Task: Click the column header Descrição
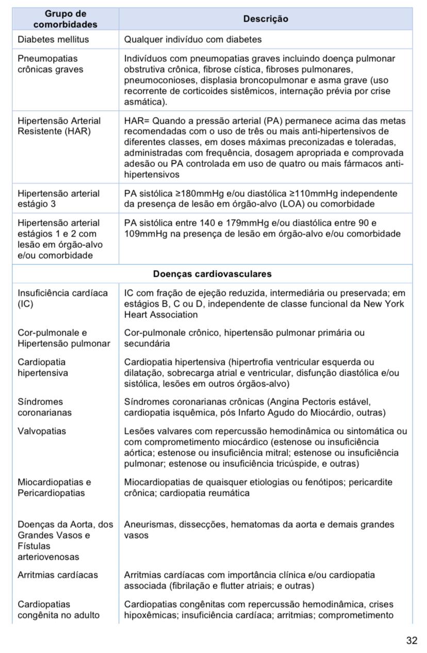(x=266, y=19)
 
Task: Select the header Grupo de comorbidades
(x=65, y=19)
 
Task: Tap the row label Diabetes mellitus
(x=53, y=39)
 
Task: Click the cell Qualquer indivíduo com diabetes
(x=193, y=39)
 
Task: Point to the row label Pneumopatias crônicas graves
(x=50, y=64)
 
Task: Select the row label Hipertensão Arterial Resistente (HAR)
(x=59, y=126)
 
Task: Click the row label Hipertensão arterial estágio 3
(x=58, y=198)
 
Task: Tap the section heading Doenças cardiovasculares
(x=212, y=274)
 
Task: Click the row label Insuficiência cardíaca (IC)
(x=62, y=298)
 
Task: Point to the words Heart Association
(x=160, y=314)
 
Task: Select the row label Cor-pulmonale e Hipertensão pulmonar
(x=63, y=338)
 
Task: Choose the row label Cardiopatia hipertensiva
(x=42, y=367)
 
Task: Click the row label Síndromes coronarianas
(x=44, y=407)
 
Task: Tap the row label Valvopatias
(x=42, y=431)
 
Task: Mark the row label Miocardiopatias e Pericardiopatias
(x=54, y=488)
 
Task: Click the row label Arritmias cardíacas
(x=58, y=575)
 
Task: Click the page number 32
(x=412, y=640)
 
